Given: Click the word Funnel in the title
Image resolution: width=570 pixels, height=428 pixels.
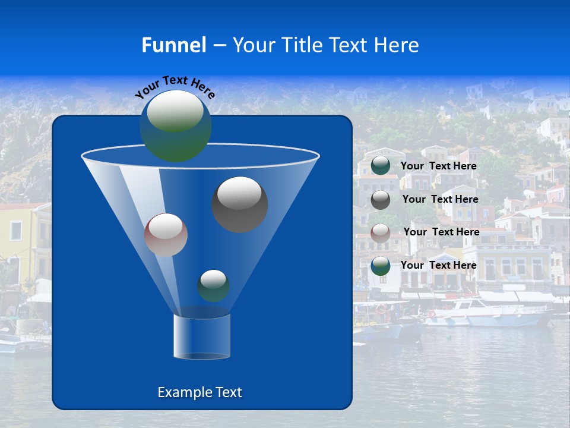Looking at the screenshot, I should [174, 45].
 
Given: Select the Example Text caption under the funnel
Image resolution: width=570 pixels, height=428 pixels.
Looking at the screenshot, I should [199, 392].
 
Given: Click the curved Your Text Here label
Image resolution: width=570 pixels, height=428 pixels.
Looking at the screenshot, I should [175, 86].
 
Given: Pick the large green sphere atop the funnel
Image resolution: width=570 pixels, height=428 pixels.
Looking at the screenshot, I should [176, 125].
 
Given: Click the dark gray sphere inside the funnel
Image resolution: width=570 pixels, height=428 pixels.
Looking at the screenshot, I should [240, 204].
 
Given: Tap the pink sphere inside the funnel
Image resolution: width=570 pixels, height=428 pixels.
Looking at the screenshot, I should [166, 235].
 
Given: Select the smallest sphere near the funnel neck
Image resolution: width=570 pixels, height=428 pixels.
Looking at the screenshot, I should [213, 285].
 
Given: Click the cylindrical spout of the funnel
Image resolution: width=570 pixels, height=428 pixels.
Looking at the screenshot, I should [201, 336].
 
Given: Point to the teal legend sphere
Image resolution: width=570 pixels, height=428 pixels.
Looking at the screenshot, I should [381, 166].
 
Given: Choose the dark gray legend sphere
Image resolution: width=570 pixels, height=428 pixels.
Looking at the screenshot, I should [381, 200].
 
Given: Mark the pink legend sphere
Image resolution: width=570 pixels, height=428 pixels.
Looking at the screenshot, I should [381, 232].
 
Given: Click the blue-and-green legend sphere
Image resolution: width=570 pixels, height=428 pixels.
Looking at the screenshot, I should [381, 266].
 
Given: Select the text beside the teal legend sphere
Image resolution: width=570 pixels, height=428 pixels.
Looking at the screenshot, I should [439, 166].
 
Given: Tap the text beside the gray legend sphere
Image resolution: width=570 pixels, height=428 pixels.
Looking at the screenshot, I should [440, 199].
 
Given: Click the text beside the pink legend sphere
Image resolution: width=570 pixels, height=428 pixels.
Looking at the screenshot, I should [441, 232].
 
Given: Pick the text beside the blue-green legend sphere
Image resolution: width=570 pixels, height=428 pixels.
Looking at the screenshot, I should [439, 265].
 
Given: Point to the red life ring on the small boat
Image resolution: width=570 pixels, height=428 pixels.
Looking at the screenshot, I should [381, 309].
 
